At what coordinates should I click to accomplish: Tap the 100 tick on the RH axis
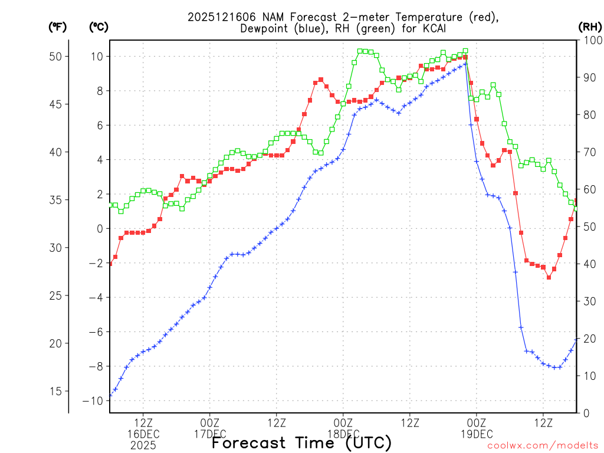590,40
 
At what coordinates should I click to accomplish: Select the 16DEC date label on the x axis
143,434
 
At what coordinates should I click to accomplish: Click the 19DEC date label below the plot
476,434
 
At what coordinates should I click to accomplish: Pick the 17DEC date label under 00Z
209,434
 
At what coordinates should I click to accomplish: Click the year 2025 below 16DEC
143,445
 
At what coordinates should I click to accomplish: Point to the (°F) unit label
58,27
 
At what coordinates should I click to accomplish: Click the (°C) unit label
99,27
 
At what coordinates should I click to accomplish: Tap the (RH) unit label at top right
589,27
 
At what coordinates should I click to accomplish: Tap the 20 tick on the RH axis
590,338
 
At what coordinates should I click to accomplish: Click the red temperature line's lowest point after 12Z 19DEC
549,277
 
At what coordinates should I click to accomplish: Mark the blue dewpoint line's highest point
465,64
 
